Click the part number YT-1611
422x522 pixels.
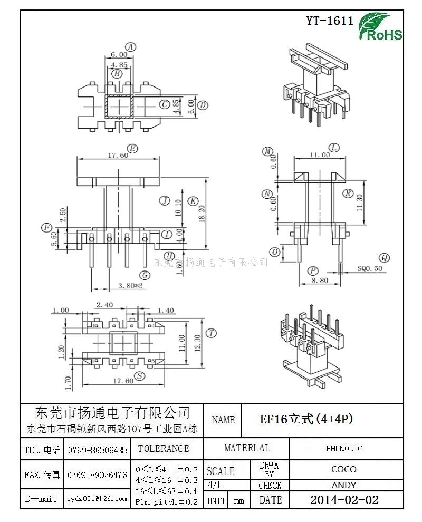(330, 21)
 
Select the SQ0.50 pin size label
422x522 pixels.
(370, 268)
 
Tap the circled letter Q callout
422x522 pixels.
(385, 258)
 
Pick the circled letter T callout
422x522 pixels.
(212, 333)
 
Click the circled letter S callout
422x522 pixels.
(140, 375)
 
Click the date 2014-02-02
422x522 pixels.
(344, 500)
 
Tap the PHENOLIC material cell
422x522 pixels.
(344, 449)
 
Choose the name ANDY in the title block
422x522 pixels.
(344, 485)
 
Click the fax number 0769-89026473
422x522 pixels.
(97, 475)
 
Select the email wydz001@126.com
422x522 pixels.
(97, 498)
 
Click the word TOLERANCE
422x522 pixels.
(163, 449)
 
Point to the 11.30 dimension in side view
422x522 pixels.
(360, 202)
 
